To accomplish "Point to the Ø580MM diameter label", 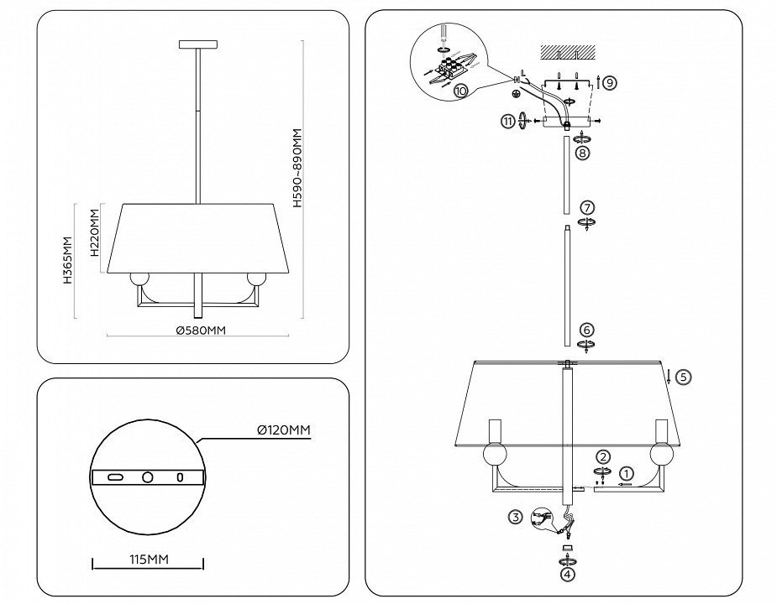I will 201,331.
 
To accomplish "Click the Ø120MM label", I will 283,430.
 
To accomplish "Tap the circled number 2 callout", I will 603,457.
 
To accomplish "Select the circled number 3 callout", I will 516,517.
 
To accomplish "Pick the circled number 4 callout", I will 568,575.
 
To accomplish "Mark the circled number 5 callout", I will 683,377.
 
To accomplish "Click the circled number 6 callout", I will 587,331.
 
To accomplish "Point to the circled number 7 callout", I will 587,207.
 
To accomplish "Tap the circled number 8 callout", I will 582,154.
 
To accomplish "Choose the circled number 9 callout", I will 609,82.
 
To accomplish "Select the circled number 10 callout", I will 460,92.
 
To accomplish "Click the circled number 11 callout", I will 508,121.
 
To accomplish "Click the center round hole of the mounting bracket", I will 148,476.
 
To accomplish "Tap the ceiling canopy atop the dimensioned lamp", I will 198,44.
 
